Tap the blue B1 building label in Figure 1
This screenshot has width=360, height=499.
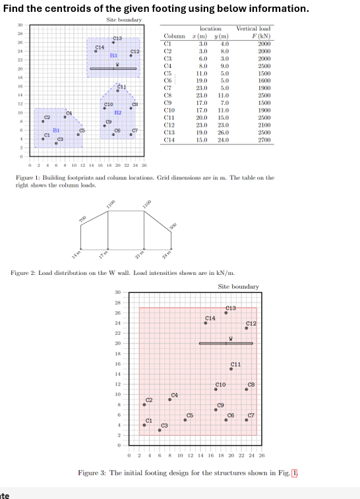(x=57, y=131)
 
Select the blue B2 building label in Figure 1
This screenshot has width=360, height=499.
(x=117, y=113)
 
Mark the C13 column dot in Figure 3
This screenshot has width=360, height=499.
(x=226, y=313)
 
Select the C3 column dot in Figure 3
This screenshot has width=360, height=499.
(x=160, y=430)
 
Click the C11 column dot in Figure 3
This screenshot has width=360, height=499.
(x=231, y=369)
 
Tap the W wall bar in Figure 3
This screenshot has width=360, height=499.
(x=225, y=343)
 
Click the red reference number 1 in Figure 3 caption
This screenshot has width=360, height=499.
(x=295, y=473)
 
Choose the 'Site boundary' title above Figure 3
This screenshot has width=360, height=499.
(x=238, y=287)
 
